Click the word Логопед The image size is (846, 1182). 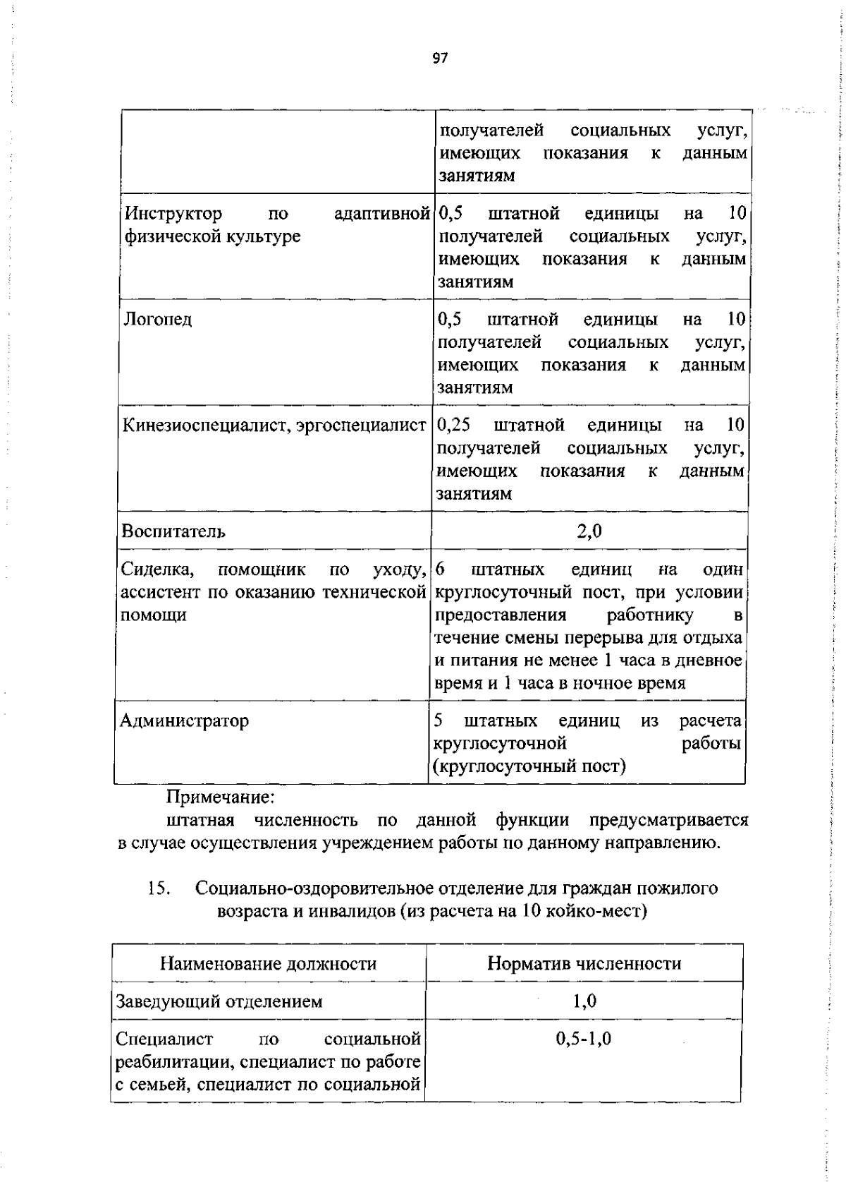click(158, 320)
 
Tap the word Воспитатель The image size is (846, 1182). click(173, 531)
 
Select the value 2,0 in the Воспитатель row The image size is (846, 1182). click(589, 531)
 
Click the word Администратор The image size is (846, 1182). click(184, 720)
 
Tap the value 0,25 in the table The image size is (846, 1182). click(454, 425)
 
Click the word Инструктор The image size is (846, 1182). click(173, 213)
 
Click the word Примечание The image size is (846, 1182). click(220, 797)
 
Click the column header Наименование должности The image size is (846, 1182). click(268, 963)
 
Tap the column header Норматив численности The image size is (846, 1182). click(584, 963)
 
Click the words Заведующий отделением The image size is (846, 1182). click(219, 1001)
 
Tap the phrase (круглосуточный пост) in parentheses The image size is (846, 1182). click(530, 766)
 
